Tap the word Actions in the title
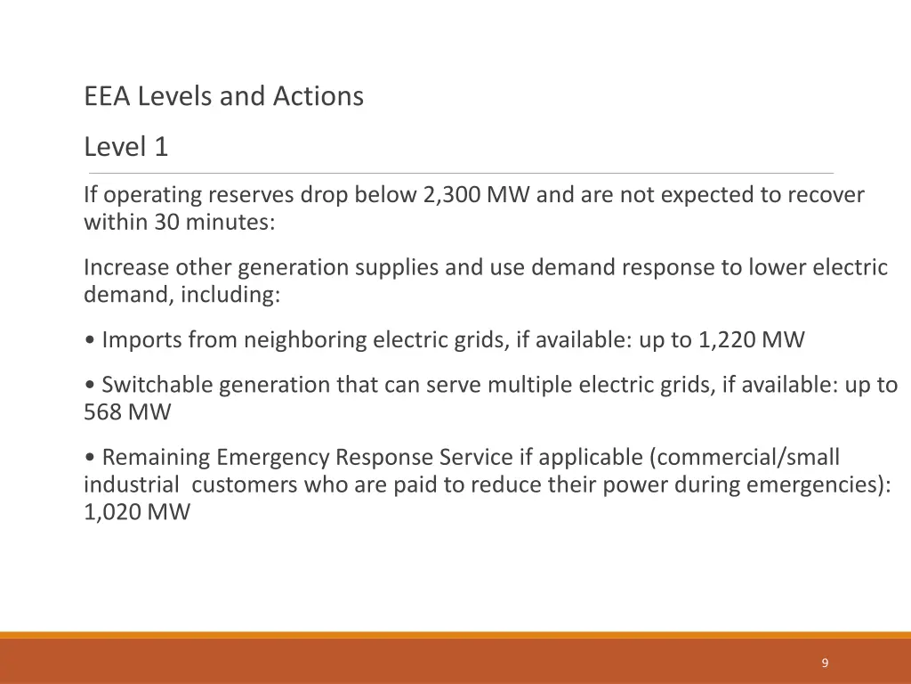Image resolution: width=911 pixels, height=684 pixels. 318,96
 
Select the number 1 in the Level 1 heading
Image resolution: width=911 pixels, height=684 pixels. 160,147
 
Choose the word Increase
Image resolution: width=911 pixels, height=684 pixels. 125,267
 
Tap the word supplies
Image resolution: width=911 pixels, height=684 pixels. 396,267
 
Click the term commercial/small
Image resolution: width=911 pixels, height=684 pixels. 746,458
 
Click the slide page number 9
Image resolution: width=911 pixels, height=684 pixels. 825,663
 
